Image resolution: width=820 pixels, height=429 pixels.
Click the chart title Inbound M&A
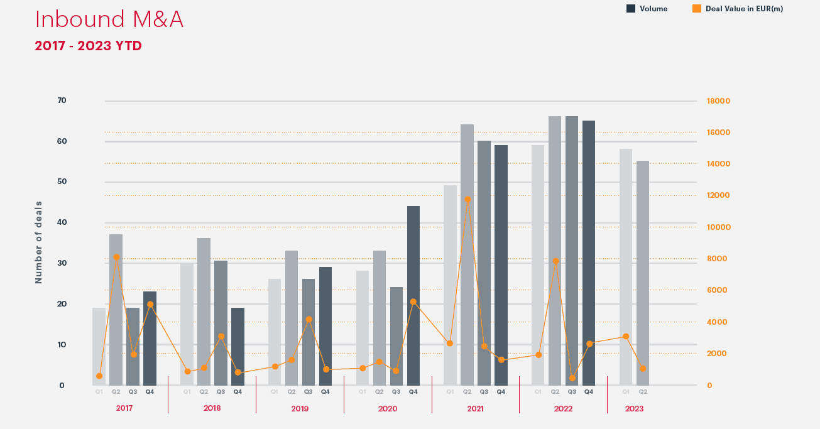pos(109,19)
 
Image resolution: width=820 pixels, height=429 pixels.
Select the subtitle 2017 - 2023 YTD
pos(88,46)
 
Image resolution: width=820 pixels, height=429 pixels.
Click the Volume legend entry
pos(647,9)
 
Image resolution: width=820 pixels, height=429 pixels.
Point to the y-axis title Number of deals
pos(39,242)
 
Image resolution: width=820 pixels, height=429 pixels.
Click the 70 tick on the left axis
pos(62,100)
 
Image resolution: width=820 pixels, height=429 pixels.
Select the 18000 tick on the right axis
pos(718,101)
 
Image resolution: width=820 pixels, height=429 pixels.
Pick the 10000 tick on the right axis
pos(718,227)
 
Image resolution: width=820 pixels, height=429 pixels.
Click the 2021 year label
pos(475,408)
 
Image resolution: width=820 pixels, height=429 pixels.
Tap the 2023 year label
pos(634,408)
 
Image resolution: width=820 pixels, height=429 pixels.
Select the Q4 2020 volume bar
pos(413,295)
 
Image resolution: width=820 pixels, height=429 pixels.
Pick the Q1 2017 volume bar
pos(99,346)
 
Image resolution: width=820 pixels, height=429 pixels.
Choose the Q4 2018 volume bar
pos(238,346)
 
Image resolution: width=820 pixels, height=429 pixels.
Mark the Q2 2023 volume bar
pos(643,273)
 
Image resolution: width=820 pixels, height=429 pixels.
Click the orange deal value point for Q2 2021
pos(467,199)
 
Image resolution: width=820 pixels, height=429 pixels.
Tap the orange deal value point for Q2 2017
pos(116,257)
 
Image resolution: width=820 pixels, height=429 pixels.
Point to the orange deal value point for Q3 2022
pos(572,378)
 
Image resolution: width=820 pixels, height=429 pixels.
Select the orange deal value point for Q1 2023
pos(626,336)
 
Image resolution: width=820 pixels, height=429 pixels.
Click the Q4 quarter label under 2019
pos(325,392)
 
